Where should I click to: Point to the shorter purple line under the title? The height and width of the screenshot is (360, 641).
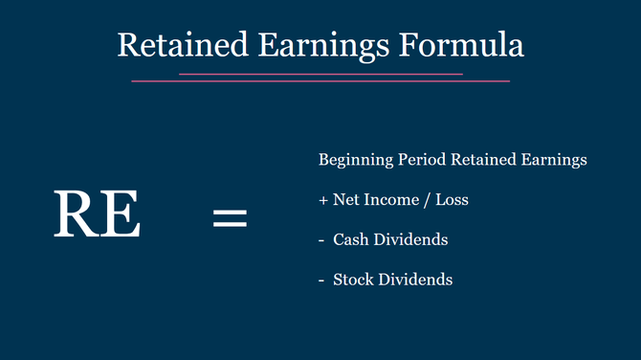tap(320, 73)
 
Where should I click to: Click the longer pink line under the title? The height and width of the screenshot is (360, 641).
tap(320, 81)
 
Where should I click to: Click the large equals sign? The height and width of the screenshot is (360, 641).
tap(229, 217)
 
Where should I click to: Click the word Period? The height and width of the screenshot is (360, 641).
tap(419, 161)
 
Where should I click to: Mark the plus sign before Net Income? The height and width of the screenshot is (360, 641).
tap(323, 201)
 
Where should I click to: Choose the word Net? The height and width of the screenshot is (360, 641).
tap(345, 201)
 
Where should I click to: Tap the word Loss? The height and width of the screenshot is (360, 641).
tap(452, 201)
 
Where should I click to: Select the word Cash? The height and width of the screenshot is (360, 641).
tap(350, 240)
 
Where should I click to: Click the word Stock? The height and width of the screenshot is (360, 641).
tap(352, 281)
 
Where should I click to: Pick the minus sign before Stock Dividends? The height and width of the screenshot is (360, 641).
tap(322, 281)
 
